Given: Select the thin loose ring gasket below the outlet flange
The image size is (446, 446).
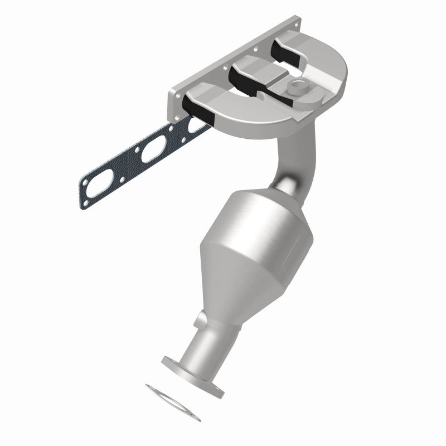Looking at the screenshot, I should coord(172,395).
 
